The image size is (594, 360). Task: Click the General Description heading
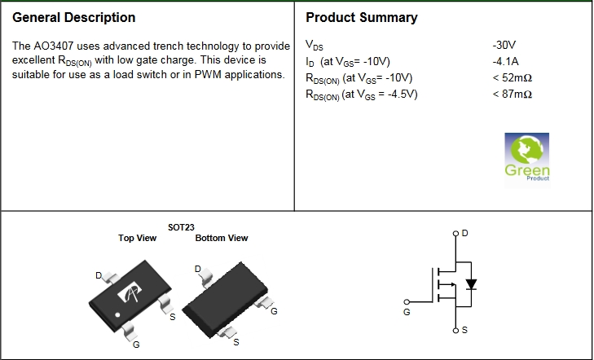[x=74, y=17]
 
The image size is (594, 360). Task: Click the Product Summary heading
[x=361, y=17]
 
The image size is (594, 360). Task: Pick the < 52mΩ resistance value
[x=512, y=77]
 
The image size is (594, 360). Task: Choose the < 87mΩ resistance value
[x=512, y=94]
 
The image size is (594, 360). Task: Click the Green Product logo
[x=527, y=157]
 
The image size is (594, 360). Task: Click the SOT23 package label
[x=181, y=227]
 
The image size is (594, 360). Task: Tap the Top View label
[x=138, y=238]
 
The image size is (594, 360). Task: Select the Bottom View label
[x=222, y=238]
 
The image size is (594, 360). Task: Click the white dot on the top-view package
[x=117, y=314]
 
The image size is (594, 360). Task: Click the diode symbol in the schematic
[x=470, y=284]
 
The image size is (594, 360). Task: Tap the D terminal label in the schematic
[x=464, y=234]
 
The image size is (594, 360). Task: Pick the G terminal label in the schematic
[x=407, y=312]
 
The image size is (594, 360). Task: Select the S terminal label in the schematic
[x=464, y=331]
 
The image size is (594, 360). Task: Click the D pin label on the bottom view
[x=197, y=269]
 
